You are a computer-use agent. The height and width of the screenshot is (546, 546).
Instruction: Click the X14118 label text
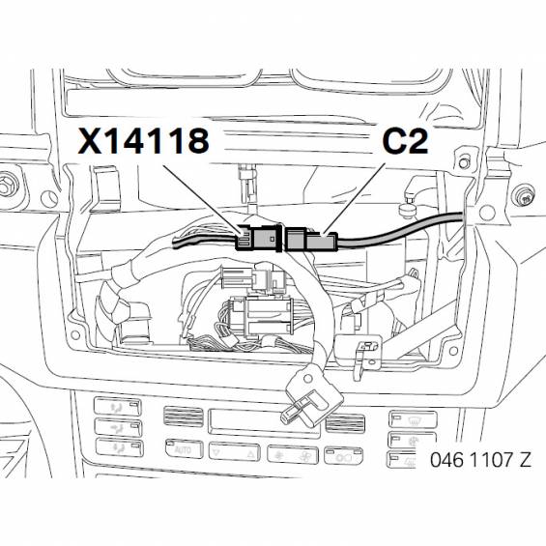tap(143, 140)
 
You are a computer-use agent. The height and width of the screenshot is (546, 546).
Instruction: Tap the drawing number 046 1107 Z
tap(480, 459)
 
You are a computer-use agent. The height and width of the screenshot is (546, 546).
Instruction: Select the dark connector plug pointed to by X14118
tap(258, 238)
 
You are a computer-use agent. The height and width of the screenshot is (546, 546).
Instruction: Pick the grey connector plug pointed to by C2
tap(311, 239)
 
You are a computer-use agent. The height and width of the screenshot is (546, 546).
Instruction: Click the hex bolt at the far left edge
tap(8, 185)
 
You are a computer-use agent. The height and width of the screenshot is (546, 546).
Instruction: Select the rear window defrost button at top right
tap(413, 419)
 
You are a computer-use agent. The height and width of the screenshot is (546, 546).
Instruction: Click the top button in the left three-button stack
tap(118, 407)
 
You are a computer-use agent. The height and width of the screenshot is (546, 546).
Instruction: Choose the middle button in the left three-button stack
tap(119, 427)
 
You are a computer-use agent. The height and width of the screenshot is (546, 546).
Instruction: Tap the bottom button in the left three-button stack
tap(119, 447)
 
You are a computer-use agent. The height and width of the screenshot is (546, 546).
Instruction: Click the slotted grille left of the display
tap(184, 417)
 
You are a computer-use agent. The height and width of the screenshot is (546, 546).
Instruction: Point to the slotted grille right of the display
tap(345, 422)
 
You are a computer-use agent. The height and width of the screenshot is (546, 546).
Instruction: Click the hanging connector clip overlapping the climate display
tap(311, 397)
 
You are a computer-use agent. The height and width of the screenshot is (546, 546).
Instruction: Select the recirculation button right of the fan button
tap(343, 455)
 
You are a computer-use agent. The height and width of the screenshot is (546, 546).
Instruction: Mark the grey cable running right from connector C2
tap(400, 231)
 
